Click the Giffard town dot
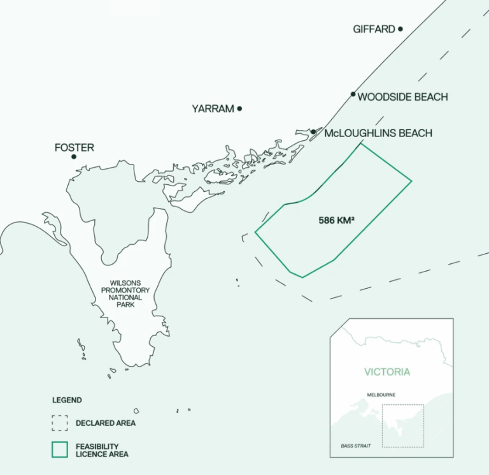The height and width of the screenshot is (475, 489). coord(400,29)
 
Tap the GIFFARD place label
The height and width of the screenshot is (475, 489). coord(374,29)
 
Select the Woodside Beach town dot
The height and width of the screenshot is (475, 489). coord(353,94)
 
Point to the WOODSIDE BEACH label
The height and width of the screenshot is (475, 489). coord(402,97)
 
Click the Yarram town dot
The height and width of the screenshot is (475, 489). coord(239,108)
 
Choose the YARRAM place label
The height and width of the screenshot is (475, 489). coord(213,109)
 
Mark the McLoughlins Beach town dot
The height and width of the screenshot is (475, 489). coord(313,132)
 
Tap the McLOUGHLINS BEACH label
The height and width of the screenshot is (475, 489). coord(378,133)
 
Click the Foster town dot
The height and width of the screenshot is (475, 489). coord(74,157)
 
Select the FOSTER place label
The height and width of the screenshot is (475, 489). coord(74,147)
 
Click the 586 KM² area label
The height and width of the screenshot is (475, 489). coord(336,221)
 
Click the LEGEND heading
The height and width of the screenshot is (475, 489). coord(67,400)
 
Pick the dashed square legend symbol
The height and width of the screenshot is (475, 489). coord(60,423)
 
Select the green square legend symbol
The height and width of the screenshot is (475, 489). coord(60,449)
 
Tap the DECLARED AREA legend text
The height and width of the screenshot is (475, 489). coord(105,423)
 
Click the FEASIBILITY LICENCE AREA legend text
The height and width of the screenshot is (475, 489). coord(102,450)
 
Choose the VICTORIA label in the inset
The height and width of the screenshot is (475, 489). coord(387,372)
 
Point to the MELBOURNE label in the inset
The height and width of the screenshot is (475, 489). coord(381,395)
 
